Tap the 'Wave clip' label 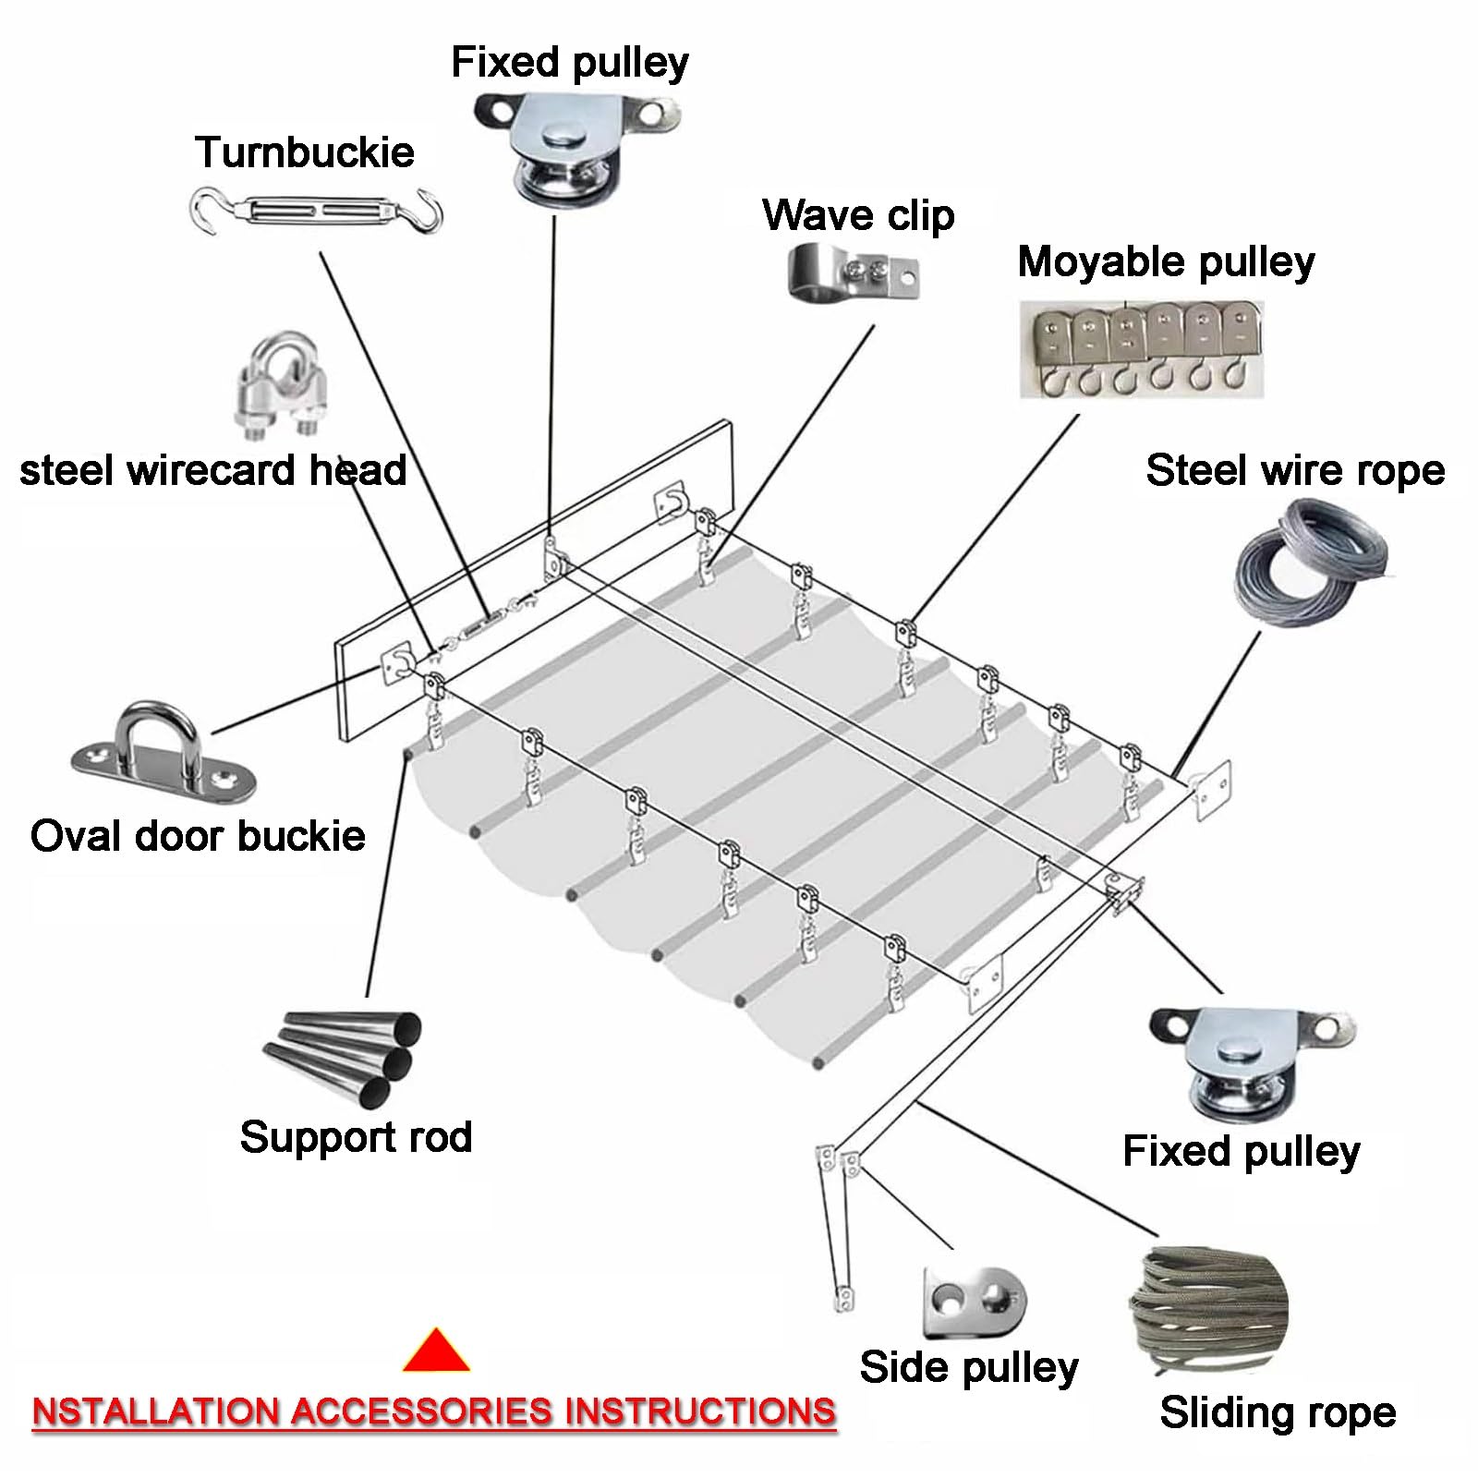[x=858, y=215]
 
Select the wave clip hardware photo [x=854, y=272]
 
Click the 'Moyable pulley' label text [x=1166, y=262]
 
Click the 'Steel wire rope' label [x=1295, y=470]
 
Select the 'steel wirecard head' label [x=213, y=470]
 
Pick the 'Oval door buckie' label [x=198, y=836]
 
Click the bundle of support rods [x=344, y=1059]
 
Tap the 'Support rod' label [x=356, y=1138]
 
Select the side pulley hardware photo [x=975, y=1303]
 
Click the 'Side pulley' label [x=969, y=1368]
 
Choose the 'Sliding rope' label [x=1278, y=1412]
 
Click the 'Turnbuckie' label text [x=305, y=152]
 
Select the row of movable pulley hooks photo [x=1142, y=349]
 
